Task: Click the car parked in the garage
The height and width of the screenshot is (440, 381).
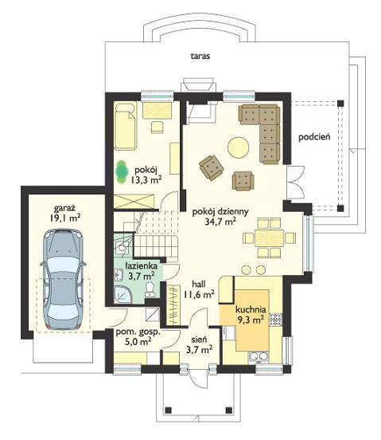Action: [x=63, y=279]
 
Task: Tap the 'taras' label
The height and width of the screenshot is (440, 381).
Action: [x=200, y=56]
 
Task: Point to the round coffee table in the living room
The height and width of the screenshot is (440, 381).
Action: [x=239, y=147]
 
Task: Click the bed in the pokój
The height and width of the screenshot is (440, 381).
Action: [x=126, y=126]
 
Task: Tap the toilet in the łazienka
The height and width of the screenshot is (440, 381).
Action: [x=150, y=289]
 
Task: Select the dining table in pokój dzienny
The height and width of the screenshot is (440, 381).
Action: [x=269, y=238]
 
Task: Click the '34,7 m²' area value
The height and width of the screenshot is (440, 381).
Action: [x=220, y=222]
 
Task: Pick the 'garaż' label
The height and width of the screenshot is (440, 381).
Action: [x=65, y=209]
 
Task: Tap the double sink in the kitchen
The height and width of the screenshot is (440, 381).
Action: [x=259, y=357]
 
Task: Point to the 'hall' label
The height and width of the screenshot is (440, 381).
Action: [x=199, y=284]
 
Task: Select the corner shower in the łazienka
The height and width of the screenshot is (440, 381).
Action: [x=123, y=295]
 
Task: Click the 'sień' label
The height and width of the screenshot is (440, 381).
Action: [x=199, y=340]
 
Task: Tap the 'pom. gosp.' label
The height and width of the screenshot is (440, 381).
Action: [x=138, y=332]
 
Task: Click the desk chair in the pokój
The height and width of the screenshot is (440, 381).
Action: [x=157, y=127]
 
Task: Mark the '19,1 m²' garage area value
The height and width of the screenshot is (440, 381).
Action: [x=65, y=218]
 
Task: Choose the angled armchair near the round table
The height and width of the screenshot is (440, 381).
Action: [x=212, y=167]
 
